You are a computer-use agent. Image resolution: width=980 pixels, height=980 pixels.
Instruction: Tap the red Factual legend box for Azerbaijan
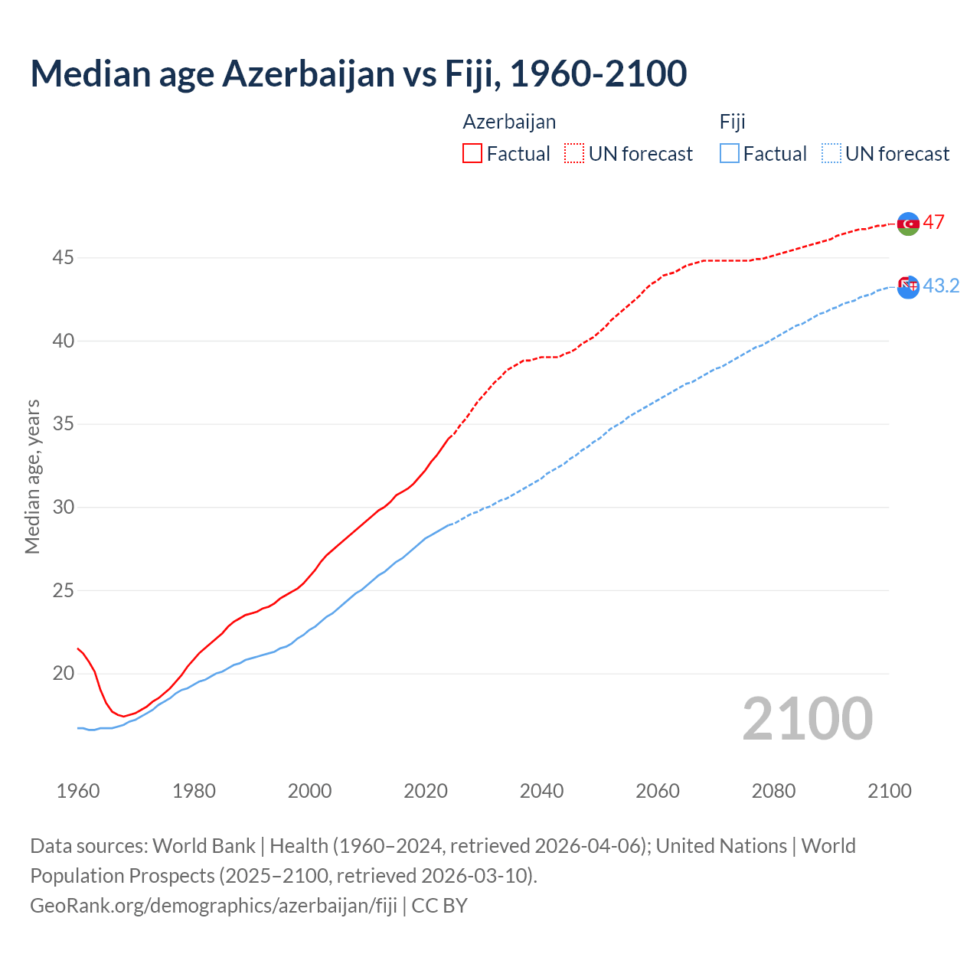472,154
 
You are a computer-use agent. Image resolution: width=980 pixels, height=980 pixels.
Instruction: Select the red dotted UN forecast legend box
574,154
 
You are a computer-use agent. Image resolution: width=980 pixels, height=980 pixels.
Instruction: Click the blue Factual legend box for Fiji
730,154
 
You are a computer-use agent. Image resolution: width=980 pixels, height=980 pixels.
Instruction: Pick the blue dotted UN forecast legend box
831,154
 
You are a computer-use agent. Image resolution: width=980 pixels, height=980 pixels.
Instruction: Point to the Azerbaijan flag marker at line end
908,224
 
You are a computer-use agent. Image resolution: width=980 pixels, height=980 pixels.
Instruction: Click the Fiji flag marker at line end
908,286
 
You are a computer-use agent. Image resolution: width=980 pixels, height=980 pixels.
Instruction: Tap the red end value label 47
933,223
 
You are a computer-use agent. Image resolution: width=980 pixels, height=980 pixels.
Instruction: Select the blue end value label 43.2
941,286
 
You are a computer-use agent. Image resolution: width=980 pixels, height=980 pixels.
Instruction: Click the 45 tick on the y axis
63,258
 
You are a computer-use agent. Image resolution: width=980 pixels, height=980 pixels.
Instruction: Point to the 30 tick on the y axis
63,508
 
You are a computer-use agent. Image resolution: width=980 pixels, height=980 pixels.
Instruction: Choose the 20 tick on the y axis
63,674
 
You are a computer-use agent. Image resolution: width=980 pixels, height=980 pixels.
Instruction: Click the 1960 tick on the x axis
78,791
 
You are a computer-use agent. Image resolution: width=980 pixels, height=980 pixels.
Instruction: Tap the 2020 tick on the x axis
426,791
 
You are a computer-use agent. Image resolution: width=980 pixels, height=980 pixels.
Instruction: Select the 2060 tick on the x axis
658,791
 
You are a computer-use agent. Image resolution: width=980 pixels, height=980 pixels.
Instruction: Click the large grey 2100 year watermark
807,719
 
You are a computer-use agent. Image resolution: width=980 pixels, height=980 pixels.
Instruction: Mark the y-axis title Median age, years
32,476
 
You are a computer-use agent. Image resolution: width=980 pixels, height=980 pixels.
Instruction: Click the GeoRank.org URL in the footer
214,906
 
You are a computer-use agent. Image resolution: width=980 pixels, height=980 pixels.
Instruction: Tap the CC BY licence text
439,906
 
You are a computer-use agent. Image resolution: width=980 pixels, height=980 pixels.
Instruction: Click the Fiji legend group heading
732,122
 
